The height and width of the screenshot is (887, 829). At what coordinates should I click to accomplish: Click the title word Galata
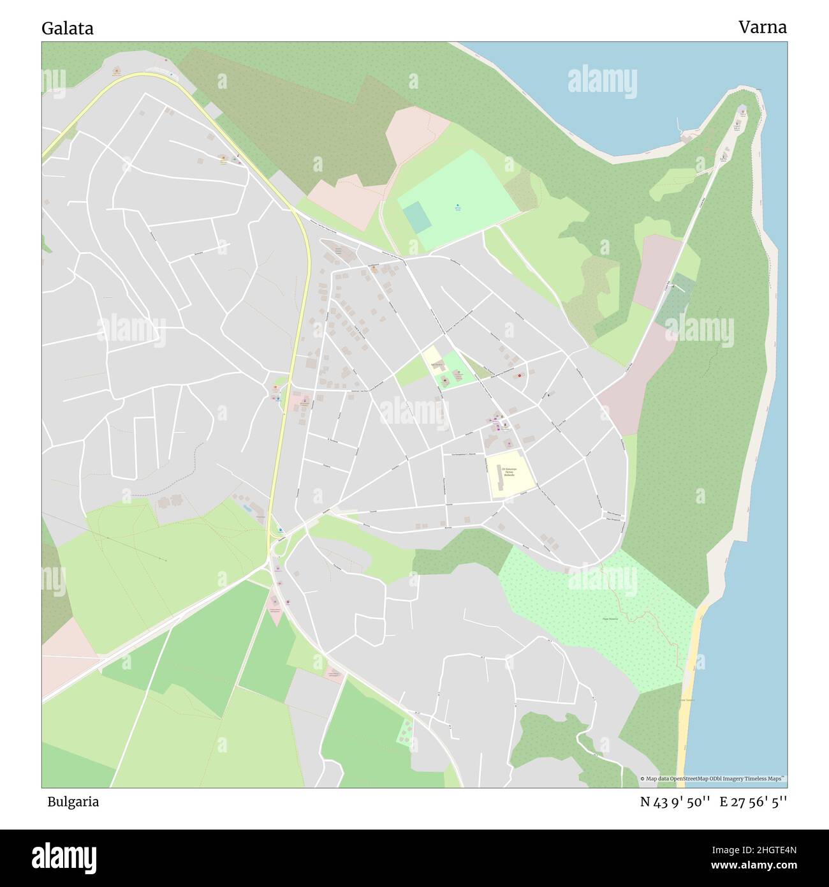(x=68, y=29)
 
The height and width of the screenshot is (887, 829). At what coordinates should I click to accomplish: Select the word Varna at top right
(x=763, y=27)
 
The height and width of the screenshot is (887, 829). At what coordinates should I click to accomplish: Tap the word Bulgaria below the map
(x=73, y=802)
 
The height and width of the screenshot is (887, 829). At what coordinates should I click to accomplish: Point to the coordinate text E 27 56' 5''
(x=753, y=802)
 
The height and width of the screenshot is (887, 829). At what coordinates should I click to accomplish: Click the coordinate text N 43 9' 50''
(x=676, y=802)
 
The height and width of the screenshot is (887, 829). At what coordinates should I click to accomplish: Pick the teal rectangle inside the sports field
(x=417, y=217)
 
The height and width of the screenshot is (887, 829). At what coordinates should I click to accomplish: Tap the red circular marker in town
(x=520, y=375)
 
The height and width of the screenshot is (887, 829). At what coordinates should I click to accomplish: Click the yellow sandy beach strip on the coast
(x=691, y=689)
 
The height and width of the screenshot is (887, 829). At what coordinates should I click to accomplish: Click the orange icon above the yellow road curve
(x=116, y=70)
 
